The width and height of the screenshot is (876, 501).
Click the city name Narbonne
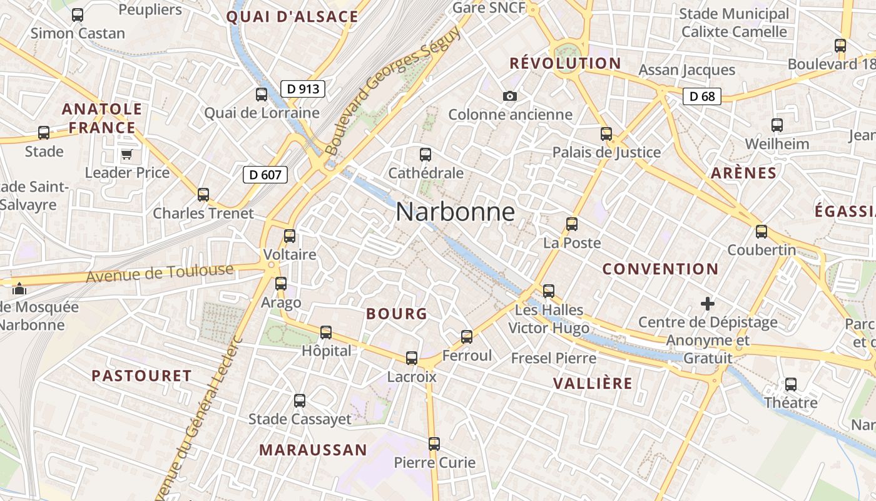click(455, 212)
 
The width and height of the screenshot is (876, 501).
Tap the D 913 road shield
click(303, 89)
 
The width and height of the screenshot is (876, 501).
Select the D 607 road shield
click(265, 175)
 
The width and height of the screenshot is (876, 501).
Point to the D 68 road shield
click(701, 96)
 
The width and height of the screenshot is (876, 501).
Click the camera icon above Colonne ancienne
click(510, 96)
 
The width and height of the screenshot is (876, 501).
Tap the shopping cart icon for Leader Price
click(126, 154)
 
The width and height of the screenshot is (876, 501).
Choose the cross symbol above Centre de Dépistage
click(708, 304)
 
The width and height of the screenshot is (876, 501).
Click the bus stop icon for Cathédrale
click(425, 154)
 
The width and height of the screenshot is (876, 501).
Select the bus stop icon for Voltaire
click(289, 236)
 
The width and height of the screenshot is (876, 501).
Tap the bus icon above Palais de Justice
click(606, 133)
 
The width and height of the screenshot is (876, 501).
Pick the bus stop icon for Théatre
click(791, 384)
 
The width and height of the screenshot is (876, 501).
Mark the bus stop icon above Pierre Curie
click(434, 444)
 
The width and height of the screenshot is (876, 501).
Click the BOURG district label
click(397, 314)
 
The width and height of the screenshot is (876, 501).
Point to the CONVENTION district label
click(660, 269)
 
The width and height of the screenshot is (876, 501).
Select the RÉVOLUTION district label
click(565, 63)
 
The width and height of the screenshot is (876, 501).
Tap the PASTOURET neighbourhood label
click(141, 376)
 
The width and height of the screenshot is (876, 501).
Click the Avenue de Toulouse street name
click(160, 273)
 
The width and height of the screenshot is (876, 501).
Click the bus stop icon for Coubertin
click(761, 232)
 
